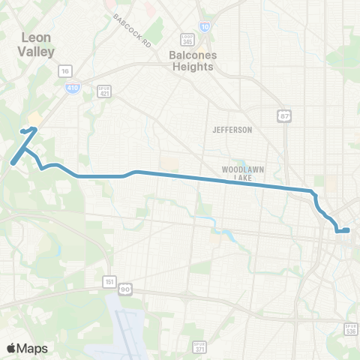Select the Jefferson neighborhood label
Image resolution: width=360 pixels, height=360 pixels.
[x=232, y=130]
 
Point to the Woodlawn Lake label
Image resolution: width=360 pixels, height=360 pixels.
[x=241, y=174]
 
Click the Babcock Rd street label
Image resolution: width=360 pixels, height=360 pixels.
[x=133, y=28]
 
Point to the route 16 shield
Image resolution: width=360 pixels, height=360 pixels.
[x=65, y=70]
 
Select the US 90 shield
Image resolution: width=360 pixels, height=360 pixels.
[x=125, y=289]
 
